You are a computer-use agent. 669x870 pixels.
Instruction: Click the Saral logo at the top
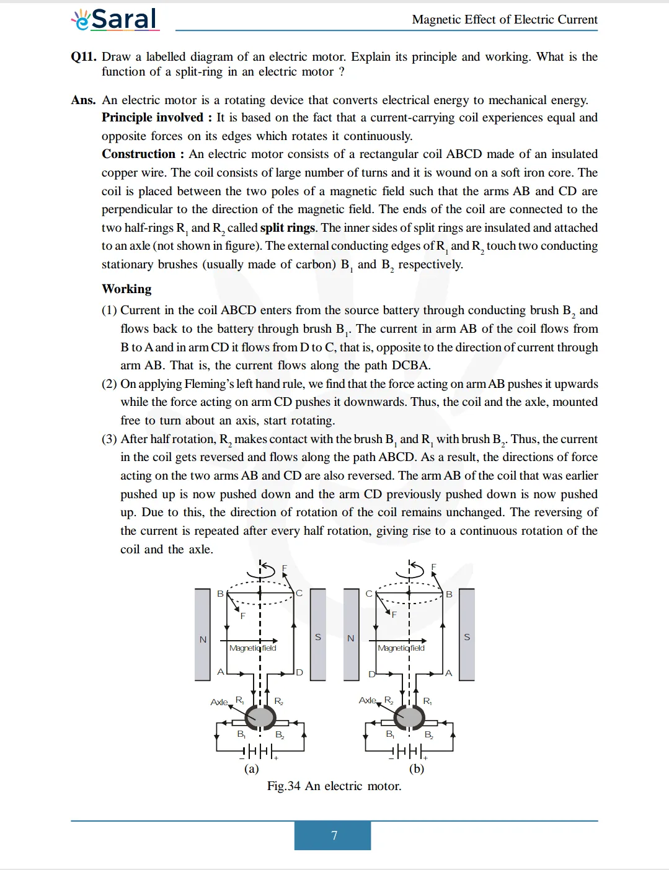116,19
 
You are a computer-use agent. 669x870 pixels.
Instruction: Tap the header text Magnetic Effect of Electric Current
504,20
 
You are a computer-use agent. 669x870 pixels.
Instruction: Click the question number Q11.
84,57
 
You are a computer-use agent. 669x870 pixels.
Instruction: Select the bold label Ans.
83,100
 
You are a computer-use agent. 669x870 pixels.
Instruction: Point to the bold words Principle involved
153,118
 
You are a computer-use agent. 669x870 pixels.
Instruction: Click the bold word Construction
139,154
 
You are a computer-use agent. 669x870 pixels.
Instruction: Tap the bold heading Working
126,289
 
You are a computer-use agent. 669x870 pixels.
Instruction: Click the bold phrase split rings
288,228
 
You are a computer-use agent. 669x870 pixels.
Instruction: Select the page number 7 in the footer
334,835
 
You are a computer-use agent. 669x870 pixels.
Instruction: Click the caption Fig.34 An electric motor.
334,786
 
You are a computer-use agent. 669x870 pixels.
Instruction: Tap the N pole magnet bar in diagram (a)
203,635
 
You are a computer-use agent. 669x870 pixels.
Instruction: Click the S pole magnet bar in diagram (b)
467,635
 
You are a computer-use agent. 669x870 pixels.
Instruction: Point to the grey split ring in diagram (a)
260,718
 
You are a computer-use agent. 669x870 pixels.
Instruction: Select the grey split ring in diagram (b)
409,718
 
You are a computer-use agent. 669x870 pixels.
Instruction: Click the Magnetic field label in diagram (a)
252,648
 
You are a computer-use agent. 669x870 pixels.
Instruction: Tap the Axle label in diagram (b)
368,700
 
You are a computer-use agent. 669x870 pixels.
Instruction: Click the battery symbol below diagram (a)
259,751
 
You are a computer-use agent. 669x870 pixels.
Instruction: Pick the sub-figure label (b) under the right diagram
417,769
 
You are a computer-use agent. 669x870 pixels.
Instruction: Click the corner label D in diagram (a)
299,672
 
